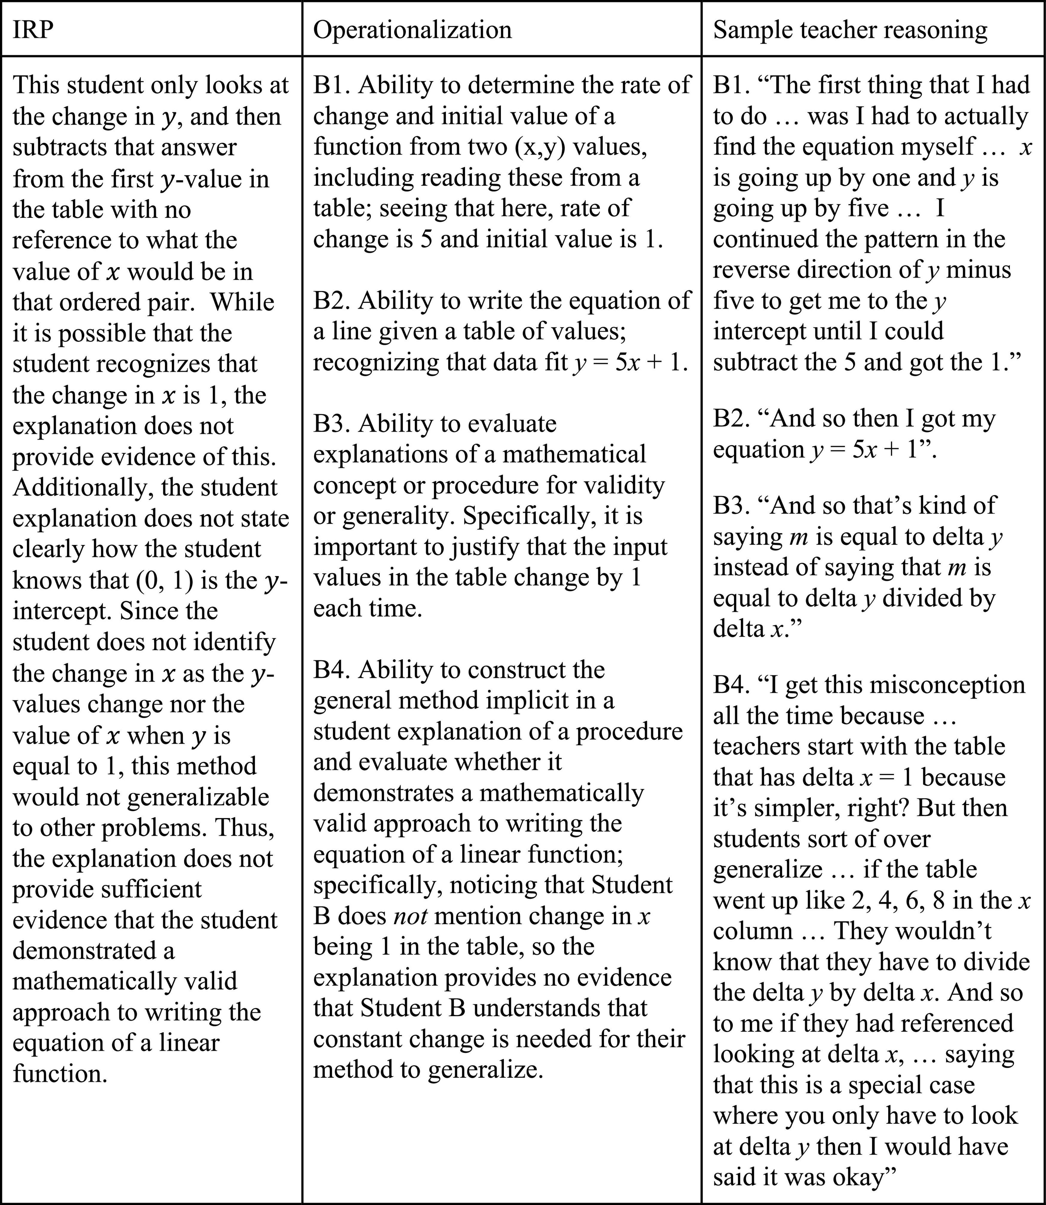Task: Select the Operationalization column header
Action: point(412,29)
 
